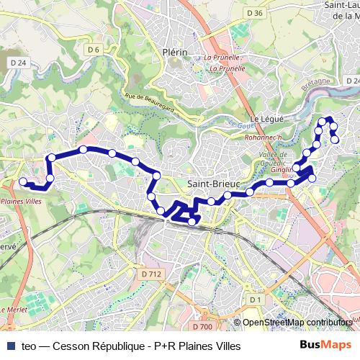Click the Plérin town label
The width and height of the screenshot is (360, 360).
coord(175,52)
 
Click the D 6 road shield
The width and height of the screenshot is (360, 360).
coord(93,50)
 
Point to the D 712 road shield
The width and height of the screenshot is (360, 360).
coord(151,274)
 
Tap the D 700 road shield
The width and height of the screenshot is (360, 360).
coord(204,327)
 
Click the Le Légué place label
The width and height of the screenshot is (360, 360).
coord(264,118)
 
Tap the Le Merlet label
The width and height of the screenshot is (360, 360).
coord(14,310)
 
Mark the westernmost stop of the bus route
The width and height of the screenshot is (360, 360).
coord(22,182)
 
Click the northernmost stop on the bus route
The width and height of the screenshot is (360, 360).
coord(328,119)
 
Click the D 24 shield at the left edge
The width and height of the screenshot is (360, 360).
coord(19,63)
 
